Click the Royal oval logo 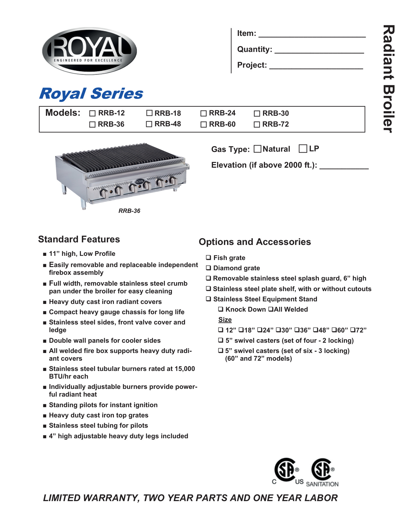(89, 51)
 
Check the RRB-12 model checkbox (92, 113)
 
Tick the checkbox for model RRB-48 (149, 124)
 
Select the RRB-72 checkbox (257, 124)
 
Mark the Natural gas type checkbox (257, 149)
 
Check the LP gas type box (303, 148)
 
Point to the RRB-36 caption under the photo (129, 211)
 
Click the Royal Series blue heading (91, 94)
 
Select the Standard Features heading (79, 239)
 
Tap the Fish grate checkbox (209, 257)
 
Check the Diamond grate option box (209, 268)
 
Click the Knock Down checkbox (221, 309)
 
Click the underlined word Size (225, 320)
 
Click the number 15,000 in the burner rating (184, 369)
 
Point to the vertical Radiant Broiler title (388, 79)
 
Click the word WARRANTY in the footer (111, 498)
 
